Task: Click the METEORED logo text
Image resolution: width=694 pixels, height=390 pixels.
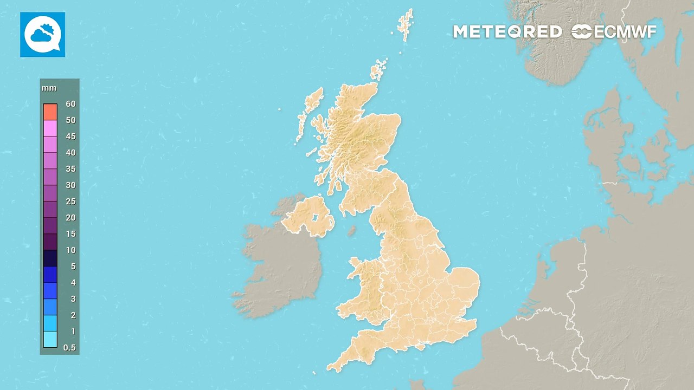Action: pyautogui.click(x=507, y=32)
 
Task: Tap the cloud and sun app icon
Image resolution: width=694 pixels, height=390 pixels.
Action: pyautogui.click(x=42, y=35)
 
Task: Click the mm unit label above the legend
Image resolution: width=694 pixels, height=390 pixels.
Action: pyautogui.click(x=49, y=88)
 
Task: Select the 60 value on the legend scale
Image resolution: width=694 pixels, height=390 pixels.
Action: pyautogui.click(x=70, y=104)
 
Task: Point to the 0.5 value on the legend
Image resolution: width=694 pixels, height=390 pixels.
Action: pyautogui.click(x=69, y=348)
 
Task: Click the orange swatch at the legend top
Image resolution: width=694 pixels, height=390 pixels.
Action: pyautogui.click(x=50, y=112)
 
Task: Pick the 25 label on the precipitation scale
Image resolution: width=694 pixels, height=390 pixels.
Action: pyautogui.click(x=70, y=201)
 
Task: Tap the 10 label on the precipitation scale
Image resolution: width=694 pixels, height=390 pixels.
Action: pyautogui.click(x=70, y=250)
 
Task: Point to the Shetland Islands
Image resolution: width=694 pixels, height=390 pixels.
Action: pyautogui.click(x=405, y=24)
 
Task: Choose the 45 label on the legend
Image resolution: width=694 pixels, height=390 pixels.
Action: pyautogui.click(x=70, y=136)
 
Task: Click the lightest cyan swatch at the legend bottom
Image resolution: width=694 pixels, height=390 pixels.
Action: pyautogui.click(x=50, y=340)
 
